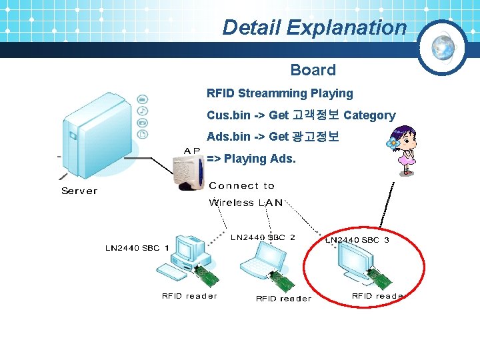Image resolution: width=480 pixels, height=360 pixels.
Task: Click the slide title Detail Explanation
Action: pyautogui.click(x=314, y=27)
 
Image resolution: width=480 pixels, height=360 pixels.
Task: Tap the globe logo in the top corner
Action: pyautogui.click(x=443, y=47)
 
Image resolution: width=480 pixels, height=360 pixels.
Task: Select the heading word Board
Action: pyautogui.click(x=313, y=70)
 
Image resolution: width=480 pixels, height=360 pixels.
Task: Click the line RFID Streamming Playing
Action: pyautogui.click(x=279, y=93)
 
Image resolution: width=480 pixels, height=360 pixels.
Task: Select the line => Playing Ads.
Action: pyautogui.click(x=251, y=159)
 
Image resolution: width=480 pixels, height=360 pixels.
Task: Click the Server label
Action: pyautogui.click(x=79, y=191)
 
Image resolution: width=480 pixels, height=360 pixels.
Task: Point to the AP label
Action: pyautogui.click(x=192, y=151)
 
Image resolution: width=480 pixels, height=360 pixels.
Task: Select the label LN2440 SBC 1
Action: pyautogui.click(x=137, y=248)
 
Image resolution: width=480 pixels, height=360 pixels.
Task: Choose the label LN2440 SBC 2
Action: pyautogui.click(x=263, y=237)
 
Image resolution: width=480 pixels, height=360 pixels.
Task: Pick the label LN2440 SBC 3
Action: pyautogui.click(x=357, y=239)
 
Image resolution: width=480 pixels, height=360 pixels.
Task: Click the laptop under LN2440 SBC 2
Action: pyautogui.click(x=264, y=264)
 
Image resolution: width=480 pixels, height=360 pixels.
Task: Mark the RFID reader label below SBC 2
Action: pyautogui.click(x=283, y=299)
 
